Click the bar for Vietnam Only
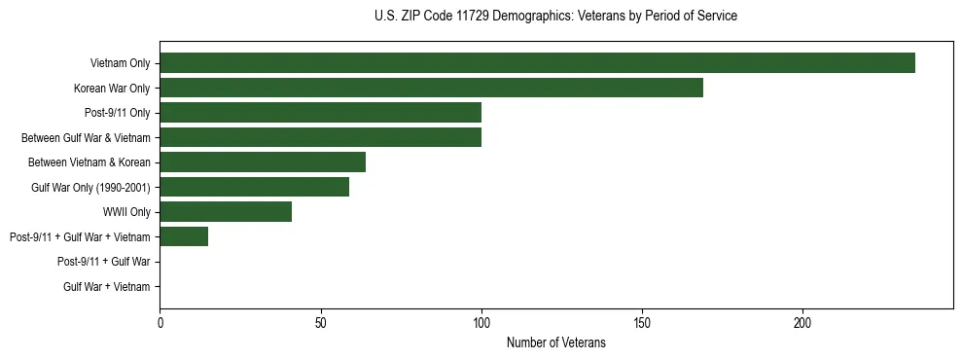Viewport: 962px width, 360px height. [537, 63]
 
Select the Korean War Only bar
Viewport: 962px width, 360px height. [431, 88]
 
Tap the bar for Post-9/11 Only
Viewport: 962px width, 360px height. [320, 113]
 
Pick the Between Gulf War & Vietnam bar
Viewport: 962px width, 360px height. [320, 137]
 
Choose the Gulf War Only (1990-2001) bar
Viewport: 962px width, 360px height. [254, 187]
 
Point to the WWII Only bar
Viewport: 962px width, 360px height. [226, 212]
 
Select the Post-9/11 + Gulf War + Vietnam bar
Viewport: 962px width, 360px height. [184, 236]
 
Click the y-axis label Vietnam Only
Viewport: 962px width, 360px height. [120, 63]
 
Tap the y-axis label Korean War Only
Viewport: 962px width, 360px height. [112, 89]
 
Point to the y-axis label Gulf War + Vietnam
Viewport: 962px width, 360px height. [107, 287]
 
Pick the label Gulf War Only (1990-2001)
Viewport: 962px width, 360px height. [90, 188]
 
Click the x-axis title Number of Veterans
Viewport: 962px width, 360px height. [555, 342]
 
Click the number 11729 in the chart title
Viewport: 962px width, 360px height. [472, 17]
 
